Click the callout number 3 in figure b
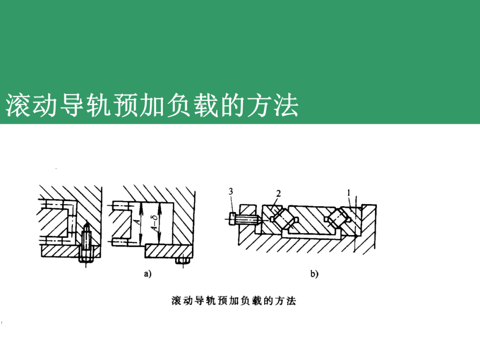(x=231, y=192)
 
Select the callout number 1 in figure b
(x=349, y=193)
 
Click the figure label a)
(x=148, y=274)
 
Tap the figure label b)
(x=315, y=274)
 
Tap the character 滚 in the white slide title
(x=16, y=106)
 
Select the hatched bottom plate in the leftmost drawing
(x=62, y=251)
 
